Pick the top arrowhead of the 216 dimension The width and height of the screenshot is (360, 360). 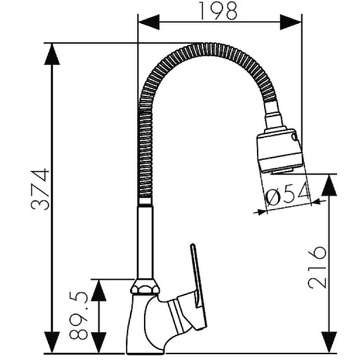[x=329, y=185]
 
